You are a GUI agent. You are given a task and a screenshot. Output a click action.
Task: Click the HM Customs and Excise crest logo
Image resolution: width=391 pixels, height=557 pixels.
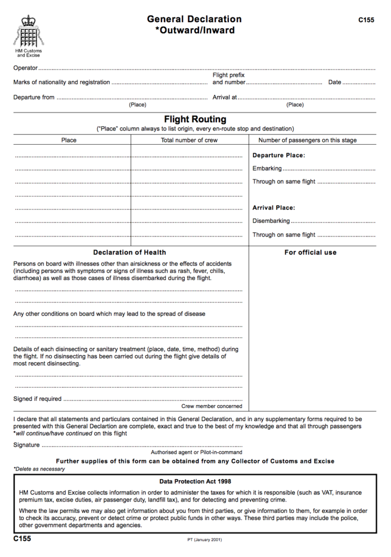(28, 32)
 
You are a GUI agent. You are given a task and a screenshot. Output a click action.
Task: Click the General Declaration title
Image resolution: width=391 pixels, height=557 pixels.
(194, 19)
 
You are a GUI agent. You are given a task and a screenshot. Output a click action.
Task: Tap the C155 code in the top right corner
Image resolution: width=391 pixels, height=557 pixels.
(366, 20)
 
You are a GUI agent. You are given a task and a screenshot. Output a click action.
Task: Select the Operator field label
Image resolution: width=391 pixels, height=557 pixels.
(25, 68)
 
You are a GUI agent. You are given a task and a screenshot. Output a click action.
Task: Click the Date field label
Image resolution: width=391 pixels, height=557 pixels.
(334, 82)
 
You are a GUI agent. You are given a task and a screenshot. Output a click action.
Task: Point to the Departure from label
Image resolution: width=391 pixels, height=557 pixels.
(34, 97)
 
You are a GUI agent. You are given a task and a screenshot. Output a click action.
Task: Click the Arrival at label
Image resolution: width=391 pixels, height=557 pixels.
(225, 97)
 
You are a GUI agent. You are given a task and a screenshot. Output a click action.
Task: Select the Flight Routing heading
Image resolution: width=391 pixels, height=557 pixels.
(195, 119)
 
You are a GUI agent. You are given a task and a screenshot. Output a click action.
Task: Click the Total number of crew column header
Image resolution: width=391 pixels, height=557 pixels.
(189, 140)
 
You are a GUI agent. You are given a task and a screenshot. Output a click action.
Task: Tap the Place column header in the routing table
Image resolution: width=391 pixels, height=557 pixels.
(69, 140)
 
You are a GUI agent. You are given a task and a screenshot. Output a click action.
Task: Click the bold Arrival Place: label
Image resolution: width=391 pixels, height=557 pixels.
(274, 208)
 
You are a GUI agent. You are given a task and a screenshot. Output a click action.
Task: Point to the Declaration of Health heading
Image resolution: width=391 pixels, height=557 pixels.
(129, 252)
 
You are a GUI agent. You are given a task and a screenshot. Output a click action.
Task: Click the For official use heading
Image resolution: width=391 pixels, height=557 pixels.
(311, 252)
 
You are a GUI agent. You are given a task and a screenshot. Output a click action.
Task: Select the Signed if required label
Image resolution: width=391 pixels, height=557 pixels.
(38, 399)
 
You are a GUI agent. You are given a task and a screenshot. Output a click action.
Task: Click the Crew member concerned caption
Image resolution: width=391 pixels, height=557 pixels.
(212, 406)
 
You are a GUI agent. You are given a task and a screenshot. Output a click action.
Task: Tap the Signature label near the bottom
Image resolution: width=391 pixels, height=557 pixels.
(26, 445)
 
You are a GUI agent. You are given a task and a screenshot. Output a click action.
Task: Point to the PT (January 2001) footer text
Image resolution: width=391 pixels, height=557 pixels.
(204, 540)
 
